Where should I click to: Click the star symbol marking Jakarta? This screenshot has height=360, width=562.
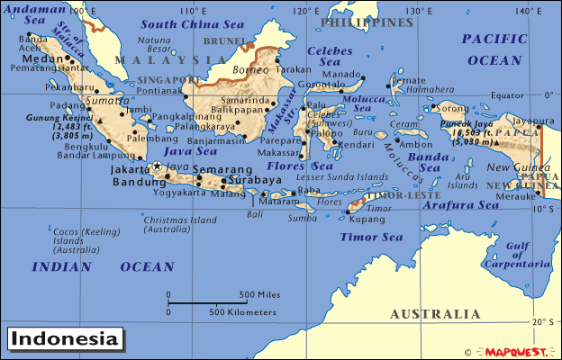point(158,166)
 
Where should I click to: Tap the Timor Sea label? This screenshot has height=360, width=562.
point(372,238)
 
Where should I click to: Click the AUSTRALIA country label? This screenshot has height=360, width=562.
point(434,314)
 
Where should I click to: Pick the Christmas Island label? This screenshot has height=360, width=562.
point(180,223)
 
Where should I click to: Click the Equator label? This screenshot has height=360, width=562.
point(508,94)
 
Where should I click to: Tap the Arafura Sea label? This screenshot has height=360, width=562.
point(462,205)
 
